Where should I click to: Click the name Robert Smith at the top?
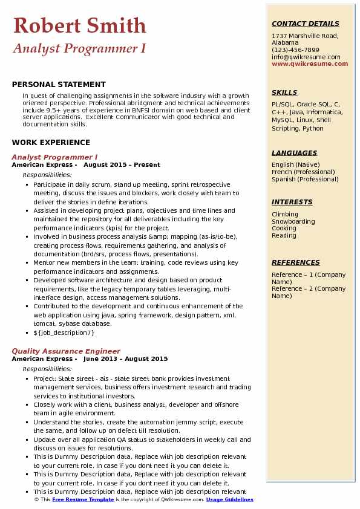[79, 25]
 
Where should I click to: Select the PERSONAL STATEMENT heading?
[59, 85]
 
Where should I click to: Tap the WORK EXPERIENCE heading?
[51, 143]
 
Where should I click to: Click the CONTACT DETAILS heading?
[305, 24]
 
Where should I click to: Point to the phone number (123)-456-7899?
[295, 50]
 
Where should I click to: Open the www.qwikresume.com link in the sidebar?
[310, 63]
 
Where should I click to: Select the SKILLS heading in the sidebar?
[284, 93]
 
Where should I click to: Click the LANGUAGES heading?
[294, 154]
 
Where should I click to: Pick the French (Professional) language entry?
[303, 172]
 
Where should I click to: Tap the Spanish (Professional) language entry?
[304, 179]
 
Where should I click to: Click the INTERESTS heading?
[292, 203]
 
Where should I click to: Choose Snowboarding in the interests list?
[293, 221]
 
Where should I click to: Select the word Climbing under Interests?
[285, 214]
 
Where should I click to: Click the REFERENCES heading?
[295, 263]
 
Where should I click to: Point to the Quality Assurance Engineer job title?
[66, 351]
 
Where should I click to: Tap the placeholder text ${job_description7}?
[64, 332]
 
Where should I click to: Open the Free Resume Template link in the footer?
[82, 499]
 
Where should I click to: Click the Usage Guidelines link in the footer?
[229, 499]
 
